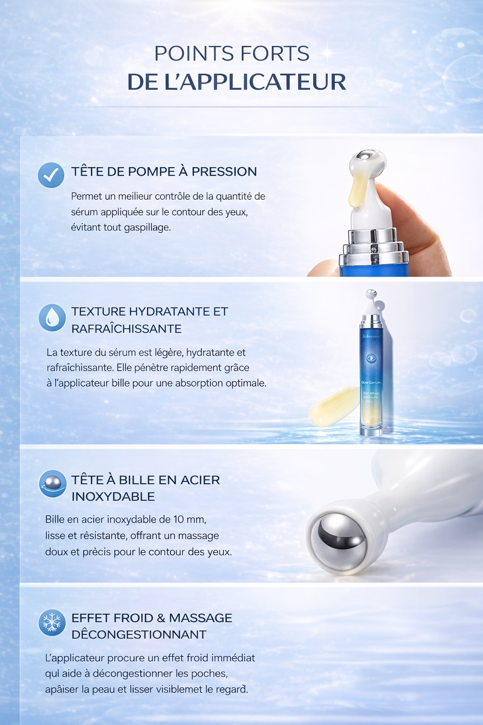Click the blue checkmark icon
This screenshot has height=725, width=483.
51,175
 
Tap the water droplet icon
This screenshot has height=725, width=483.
52,317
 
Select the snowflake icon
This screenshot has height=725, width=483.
52,622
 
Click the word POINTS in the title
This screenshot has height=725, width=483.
191,53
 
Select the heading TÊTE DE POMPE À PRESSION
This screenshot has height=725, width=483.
164,171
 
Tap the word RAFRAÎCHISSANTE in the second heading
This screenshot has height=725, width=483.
126,329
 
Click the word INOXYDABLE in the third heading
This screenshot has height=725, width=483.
113,497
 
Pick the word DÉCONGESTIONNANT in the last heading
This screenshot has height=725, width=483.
139,634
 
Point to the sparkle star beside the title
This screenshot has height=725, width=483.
327,54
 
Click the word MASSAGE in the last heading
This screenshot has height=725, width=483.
200,618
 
